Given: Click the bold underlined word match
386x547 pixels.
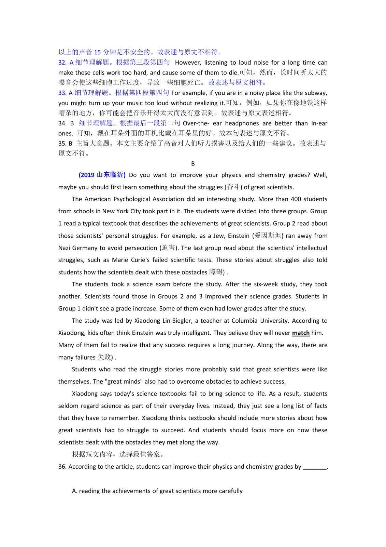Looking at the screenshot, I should click(301, 333).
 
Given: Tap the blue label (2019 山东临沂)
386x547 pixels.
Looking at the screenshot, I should click(102, 175).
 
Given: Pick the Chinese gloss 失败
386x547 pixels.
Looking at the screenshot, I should click(104, 357).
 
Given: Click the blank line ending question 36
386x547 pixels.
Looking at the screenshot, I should click(314, 467).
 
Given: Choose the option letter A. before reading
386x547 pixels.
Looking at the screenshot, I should click(75, 491).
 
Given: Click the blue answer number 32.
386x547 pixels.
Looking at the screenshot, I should click(62, 63).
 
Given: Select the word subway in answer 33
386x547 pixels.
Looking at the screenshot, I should click(316, 93).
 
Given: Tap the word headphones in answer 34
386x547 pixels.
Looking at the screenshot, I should click(242, 123).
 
